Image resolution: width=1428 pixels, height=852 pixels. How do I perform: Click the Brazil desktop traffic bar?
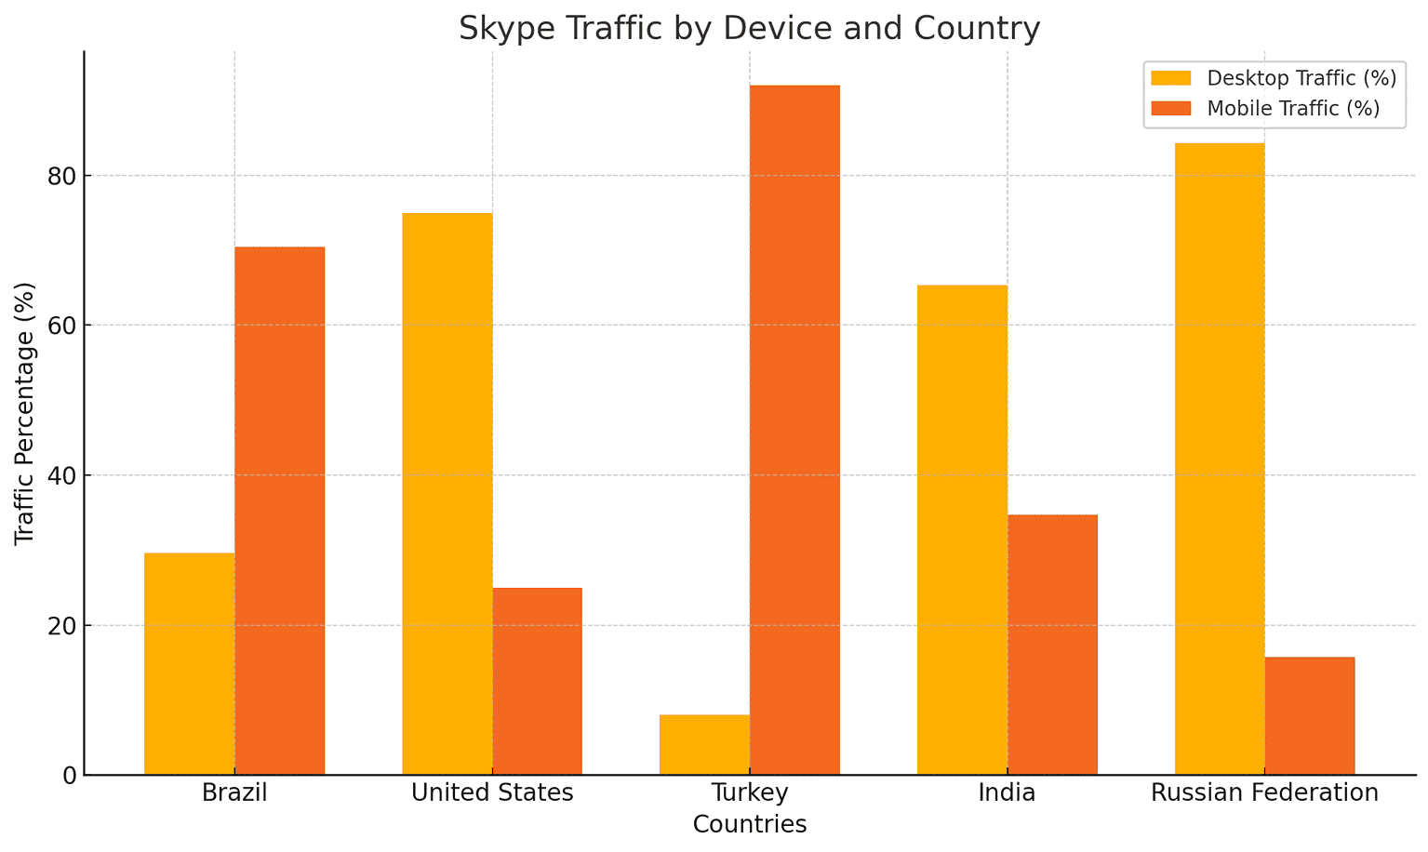(190, 664)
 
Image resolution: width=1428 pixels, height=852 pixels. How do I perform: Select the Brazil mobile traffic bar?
(280, 511)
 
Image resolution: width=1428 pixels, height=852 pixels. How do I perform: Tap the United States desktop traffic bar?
(447, 494)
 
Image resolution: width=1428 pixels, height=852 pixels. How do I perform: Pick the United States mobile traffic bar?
(537, 681)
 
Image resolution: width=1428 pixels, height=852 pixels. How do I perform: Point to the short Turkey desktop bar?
(704, 745)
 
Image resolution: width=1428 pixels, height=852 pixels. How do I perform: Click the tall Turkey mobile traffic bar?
(794, 430)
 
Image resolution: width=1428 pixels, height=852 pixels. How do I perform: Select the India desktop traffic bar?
(962, 530)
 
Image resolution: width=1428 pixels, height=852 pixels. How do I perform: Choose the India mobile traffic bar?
(1052, 645)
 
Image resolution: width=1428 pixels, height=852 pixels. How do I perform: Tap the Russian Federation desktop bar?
(1220, 459)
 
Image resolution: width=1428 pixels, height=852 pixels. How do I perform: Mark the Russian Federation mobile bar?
(1310, 716)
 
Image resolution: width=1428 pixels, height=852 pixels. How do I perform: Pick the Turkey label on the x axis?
(750, 793)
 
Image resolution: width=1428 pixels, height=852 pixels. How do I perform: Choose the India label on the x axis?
(1007, 793)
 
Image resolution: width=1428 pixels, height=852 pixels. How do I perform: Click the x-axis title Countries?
(750, 824)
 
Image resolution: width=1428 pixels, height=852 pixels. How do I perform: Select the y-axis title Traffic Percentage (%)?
(25, 413)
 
